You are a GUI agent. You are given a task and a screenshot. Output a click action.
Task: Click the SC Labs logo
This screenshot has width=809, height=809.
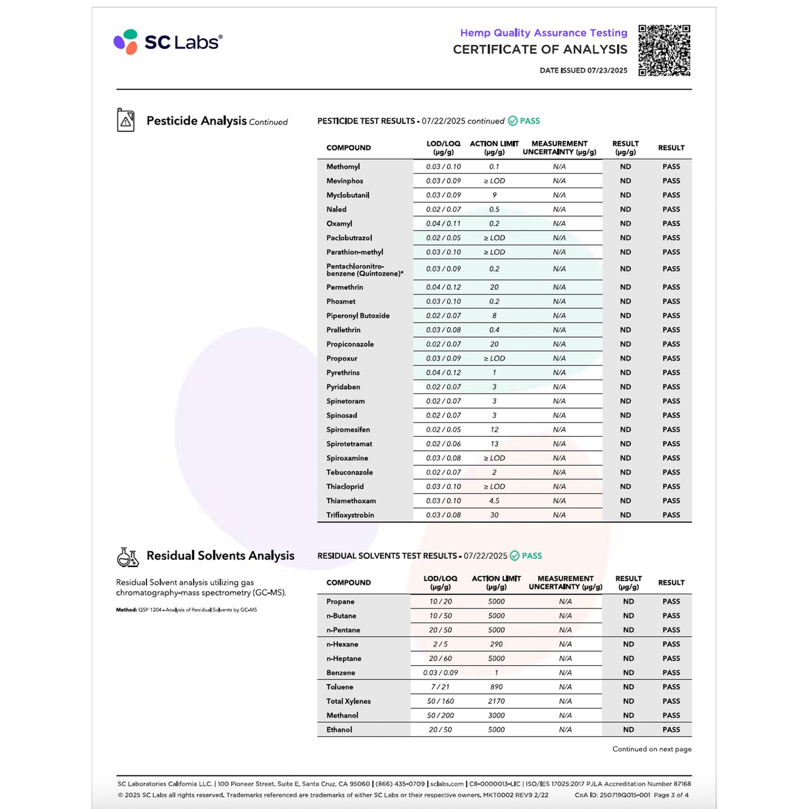[167, 42]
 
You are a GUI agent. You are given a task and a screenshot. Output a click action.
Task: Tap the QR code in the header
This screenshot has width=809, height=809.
[664, 50]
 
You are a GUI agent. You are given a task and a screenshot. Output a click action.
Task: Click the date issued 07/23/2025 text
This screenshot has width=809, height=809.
[583, 71]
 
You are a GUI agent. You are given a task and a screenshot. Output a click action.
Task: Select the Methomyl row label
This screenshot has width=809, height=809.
[343, 167]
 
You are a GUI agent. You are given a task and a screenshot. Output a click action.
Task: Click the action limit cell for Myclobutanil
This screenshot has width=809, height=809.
[494, 195]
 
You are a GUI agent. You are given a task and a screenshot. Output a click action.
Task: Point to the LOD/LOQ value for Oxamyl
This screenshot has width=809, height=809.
[443, 224]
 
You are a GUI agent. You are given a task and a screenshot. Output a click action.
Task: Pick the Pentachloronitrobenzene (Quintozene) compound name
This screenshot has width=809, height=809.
[364, 270]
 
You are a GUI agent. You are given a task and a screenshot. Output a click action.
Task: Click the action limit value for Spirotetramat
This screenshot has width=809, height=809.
[494, 444]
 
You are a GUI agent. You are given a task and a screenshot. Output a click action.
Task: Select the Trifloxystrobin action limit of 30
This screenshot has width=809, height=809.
[494, 515]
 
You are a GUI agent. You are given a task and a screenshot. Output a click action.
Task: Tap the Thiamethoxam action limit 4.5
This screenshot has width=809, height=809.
[494, 501]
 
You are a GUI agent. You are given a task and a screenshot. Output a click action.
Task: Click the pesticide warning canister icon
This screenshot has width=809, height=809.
[126, 120]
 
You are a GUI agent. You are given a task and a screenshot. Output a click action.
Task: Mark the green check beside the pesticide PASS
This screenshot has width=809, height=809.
[513, 121]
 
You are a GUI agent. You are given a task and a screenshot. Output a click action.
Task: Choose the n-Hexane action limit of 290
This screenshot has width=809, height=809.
[496, 644]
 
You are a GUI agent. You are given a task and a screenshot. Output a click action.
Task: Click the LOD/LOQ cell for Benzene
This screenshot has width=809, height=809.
[441, 673]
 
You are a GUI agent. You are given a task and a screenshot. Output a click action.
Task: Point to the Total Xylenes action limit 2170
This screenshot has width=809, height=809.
[496, 702]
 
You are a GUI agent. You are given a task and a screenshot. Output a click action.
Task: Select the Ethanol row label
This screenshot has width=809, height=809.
[339, 730]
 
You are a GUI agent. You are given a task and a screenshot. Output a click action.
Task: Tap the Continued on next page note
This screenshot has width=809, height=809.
[652, 749]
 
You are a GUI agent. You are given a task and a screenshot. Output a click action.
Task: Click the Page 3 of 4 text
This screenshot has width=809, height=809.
[671, 795]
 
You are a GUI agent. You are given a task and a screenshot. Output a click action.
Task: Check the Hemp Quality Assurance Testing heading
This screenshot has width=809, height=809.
[544, 33]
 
